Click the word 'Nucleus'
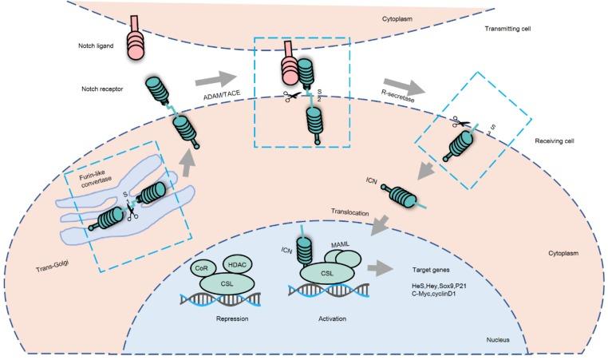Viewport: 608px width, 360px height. pyautogui.click(x=502, y=339)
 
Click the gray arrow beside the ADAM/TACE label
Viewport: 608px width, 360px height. pyautogui.click(x=215, y=76)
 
